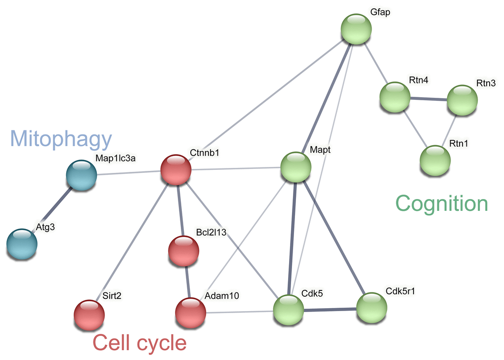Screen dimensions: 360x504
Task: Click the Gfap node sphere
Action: pyautogui.click(x=356, y=29)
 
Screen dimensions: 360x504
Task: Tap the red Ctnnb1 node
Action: pyautogui.click(x=176, y=170)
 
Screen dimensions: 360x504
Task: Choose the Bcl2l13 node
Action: pyautogui.click(x=183, y=251)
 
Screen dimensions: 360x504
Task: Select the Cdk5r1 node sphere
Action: pyautogui.click(x=372, y=308)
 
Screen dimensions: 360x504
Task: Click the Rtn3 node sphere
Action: pyautogui.click(x=462, y=101)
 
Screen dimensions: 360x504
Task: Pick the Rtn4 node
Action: pyautogui.click(x=395, y=97)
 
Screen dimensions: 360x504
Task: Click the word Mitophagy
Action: pyautogui.click(x=60, y=140)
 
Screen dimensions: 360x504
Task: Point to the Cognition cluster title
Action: pyautogui.click(x=442, y=203)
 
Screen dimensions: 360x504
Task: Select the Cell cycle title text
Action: pyautogui.click(x=140, y=342)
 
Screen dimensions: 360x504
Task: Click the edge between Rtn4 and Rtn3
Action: pyautogui.click(x=428, y=99)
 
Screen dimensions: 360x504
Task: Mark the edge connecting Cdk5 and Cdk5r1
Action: pyautogui.click(x=330, y=310)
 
